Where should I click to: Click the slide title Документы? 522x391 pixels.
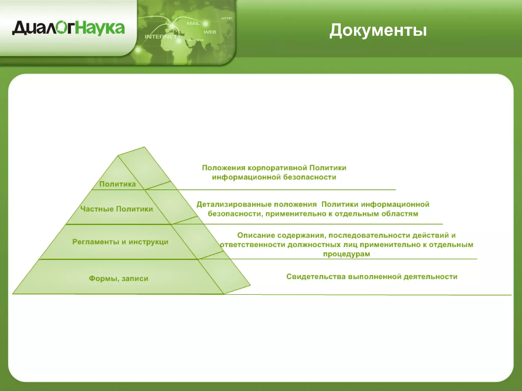378,30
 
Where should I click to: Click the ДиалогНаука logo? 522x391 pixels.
68,28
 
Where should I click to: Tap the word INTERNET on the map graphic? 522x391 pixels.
161,37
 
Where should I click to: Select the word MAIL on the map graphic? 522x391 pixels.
193,23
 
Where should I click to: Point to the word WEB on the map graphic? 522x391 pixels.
210,32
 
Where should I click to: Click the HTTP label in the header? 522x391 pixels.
226,18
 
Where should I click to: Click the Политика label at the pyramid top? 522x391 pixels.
118,184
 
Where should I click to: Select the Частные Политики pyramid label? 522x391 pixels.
116,209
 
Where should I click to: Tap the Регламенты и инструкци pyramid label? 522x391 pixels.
120,242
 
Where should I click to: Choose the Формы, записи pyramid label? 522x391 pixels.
119,278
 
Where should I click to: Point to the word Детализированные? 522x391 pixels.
256,204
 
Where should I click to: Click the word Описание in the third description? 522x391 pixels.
256,235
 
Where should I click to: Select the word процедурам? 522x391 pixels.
346,254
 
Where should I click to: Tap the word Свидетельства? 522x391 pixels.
316,277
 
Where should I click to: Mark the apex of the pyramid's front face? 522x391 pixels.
118,156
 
